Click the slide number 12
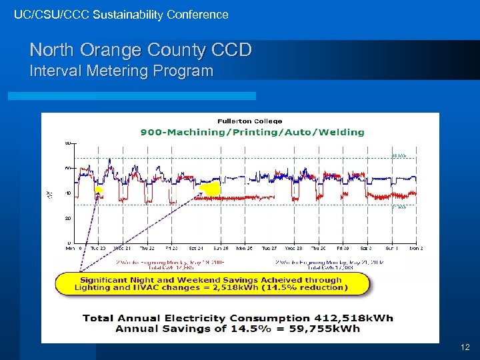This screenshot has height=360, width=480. (x=465, y=347)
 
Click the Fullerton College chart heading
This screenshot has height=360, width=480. (x=249, y=121)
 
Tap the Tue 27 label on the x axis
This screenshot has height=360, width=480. (x=270, y=248)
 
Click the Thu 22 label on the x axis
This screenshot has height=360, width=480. (x=147, y=248)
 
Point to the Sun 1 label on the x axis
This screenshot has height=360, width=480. (x=391, y=248)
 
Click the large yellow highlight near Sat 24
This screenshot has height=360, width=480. (x=210, y=189)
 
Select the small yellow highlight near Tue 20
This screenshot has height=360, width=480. (x=99, y=191)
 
